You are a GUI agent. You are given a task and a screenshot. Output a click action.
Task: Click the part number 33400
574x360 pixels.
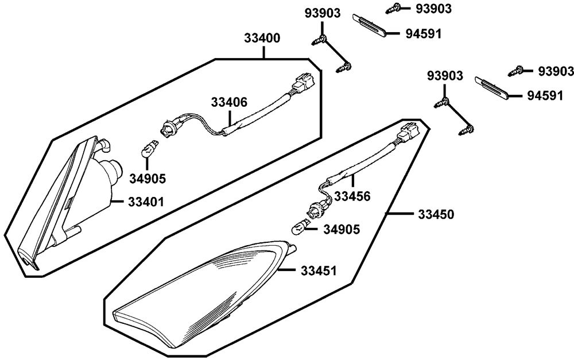tap(263, 39)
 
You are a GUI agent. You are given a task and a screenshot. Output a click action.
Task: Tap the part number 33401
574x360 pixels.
tap(146, 202)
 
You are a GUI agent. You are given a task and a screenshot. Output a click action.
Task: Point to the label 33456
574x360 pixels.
tap(352, 196)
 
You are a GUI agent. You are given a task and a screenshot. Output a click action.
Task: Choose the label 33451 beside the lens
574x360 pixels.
tap(319, 269)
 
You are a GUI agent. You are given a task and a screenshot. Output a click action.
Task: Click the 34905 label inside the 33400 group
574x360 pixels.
tap(148, 179)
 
